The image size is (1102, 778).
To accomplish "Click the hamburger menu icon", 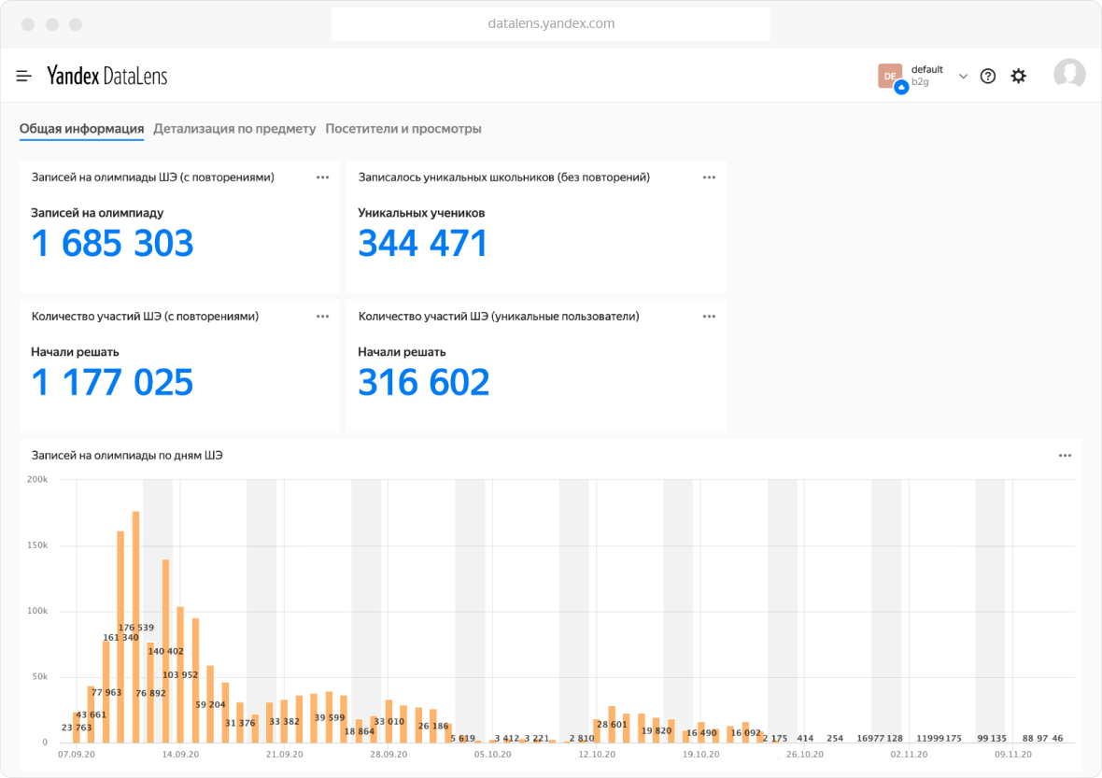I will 24,76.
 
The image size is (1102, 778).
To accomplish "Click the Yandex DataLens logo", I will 107,76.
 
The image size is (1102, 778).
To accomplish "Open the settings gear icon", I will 1018,76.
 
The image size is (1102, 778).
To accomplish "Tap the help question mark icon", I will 987,76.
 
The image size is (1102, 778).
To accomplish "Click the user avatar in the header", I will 1069,75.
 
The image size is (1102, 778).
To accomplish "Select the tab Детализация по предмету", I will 234,129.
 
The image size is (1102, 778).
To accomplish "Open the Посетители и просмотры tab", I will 403,129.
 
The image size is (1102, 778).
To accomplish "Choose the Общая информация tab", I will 81,129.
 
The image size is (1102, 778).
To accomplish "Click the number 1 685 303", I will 112,244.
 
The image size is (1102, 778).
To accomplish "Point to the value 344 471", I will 423,244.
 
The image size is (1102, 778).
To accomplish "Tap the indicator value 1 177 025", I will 112,383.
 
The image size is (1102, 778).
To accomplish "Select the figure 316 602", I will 423,383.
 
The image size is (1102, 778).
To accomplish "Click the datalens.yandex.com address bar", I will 551,23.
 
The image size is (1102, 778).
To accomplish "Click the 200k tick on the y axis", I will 37,479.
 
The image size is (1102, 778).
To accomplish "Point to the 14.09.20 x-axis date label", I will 180,754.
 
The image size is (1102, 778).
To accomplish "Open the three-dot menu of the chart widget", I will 1065,456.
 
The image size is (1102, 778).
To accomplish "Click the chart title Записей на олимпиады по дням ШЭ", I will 127,456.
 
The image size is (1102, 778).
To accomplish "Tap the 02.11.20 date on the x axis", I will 908,754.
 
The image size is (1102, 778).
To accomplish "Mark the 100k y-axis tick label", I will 37,611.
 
